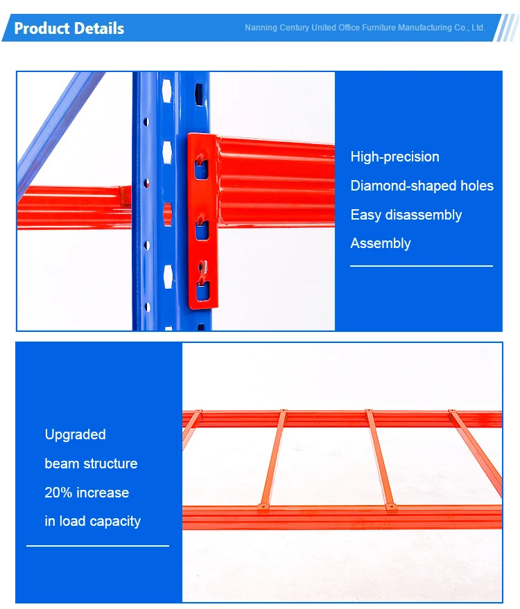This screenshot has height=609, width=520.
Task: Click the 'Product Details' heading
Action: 69,28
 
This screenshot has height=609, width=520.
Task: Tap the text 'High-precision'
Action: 395,157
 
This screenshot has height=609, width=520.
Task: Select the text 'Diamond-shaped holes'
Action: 422,186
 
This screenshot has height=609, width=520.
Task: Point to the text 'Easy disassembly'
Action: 406,215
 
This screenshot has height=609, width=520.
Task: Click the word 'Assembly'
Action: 380,243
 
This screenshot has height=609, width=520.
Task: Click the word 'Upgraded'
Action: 75,434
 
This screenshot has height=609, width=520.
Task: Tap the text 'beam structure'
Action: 91,464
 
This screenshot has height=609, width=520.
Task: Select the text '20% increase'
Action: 87,493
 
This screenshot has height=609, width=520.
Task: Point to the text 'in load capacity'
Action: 92,521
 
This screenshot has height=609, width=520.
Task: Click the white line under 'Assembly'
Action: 421,265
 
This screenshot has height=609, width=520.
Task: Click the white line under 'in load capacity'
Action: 97,546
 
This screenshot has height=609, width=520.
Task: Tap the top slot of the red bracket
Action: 200,168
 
